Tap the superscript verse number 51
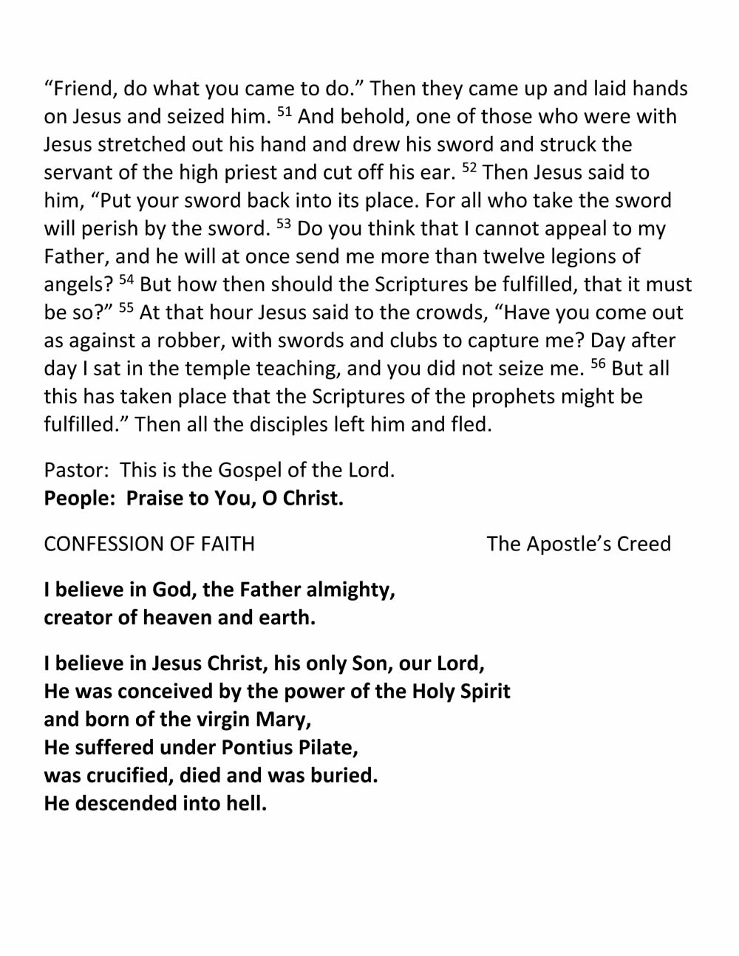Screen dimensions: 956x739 [x=285, y=112]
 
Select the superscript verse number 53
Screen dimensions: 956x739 [x=284, y=225]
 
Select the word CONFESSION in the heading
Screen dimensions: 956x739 [x=96, y=544]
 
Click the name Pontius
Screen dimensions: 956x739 [x=256, y=748]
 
